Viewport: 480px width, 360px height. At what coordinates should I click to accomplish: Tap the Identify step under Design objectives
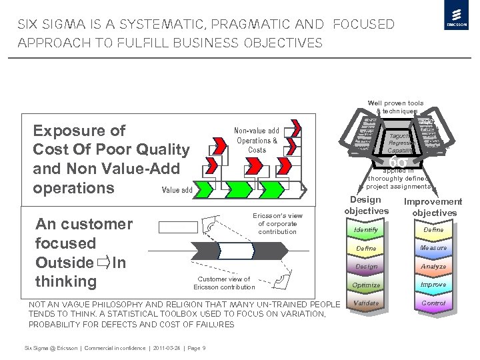click(366, 230)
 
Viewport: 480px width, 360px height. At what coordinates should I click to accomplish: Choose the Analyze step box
click(433, 267)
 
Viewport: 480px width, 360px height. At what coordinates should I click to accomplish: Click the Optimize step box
click(366, 285)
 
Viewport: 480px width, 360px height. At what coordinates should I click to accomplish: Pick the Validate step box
click(366, 303)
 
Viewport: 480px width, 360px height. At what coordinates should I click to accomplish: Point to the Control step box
click(433, 303)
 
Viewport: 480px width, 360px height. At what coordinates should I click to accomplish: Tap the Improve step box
click(433, 285)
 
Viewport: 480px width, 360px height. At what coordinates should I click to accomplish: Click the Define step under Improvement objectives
click(433, 230)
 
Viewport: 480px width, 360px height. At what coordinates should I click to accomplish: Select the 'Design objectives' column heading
click(366, 205)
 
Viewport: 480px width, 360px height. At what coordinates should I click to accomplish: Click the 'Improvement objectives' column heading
click(433, 207)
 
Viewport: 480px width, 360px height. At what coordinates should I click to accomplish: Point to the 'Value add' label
click(177, 190)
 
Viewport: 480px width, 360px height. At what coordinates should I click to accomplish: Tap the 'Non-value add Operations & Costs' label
click(257, 140)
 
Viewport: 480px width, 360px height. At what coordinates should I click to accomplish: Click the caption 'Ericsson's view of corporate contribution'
click(277, 224)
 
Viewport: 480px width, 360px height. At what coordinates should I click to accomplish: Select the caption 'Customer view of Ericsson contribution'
click(224, 283)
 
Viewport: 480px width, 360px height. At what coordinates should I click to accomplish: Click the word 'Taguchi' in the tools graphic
click(399, 136)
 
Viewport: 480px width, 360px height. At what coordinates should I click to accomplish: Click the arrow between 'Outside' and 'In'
click(103, 263)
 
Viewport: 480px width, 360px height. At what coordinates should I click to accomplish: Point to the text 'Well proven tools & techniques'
click(395, 107)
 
